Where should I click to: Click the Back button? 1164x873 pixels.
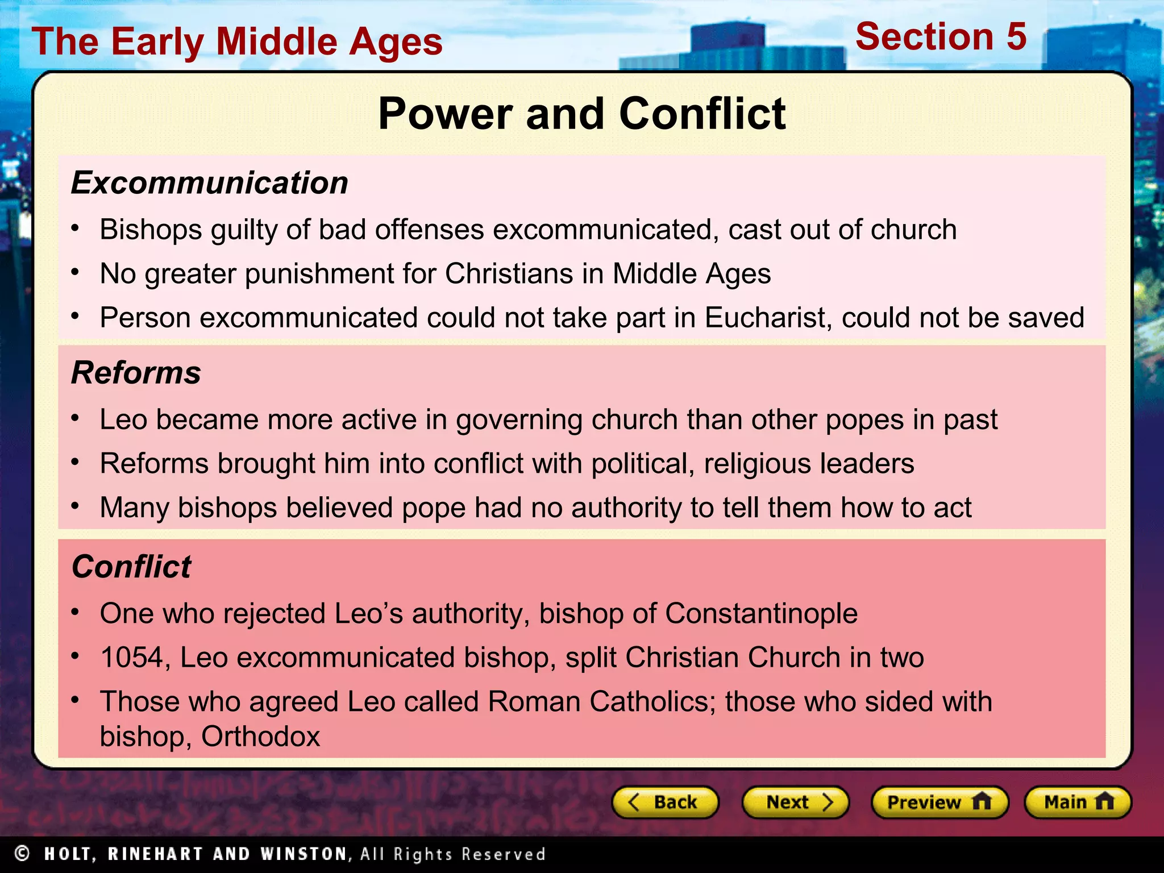(665, 802)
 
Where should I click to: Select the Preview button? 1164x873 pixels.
(939, 802)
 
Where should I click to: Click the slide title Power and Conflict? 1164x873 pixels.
(581, 114)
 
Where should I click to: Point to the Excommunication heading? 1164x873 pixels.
(209, 183)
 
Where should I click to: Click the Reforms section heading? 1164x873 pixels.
(136, 373)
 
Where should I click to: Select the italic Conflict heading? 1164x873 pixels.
(131, 567)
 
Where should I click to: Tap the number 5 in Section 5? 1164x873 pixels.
(1016, 37)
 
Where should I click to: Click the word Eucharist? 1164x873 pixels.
(767, 317)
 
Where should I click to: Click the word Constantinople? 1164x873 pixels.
(761, 614)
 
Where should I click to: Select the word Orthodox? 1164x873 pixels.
(260, 737)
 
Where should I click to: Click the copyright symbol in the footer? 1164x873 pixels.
(22, 853)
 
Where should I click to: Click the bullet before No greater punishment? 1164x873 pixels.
(76, 272)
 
